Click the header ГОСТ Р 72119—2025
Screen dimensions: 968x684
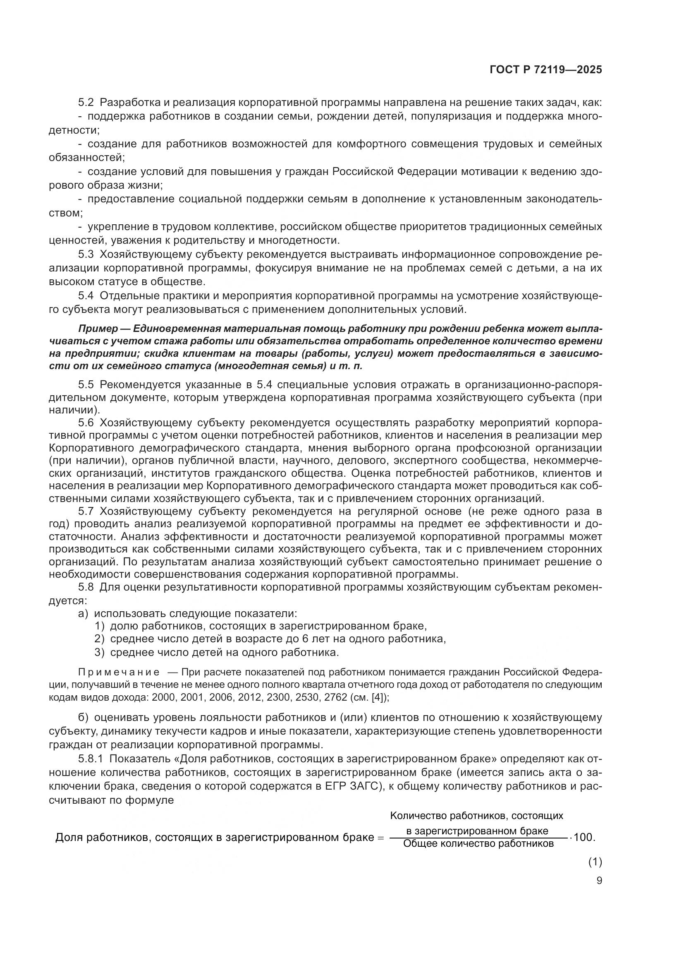546,70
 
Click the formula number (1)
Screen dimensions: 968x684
595,862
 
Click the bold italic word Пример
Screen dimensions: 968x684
95,329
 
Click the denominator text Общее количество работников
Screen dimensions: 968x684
478,843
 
